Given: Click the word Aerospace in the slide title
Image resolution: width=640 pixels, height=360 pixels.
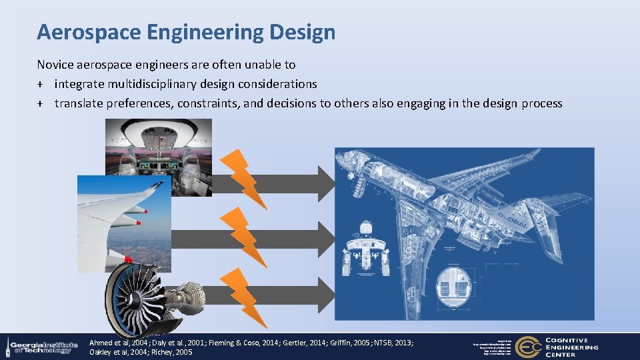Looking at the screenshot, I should point(86,32).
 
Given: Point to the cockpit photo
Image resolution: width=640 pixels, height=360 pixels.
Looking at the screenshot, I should point(158,150).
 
